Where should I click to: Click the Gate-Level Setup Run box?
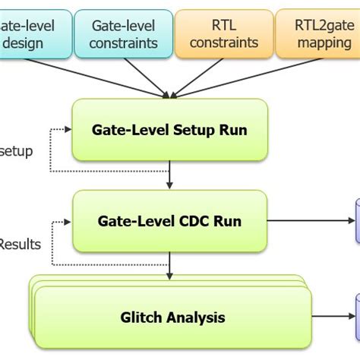tap(169, 129)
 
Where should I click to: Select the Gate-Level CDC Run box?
tap(169, 221)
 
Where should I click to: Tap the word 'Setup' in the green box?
tap(191, 130)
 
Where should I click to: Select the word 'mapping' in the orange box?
tap(324, 43)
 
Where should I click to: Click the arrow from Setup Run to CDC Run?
tap(169, 175)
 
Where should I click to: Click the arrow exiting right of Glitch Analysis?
tap(330, 315)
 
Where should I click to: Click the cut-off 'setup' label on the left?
tap(16, 151)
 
